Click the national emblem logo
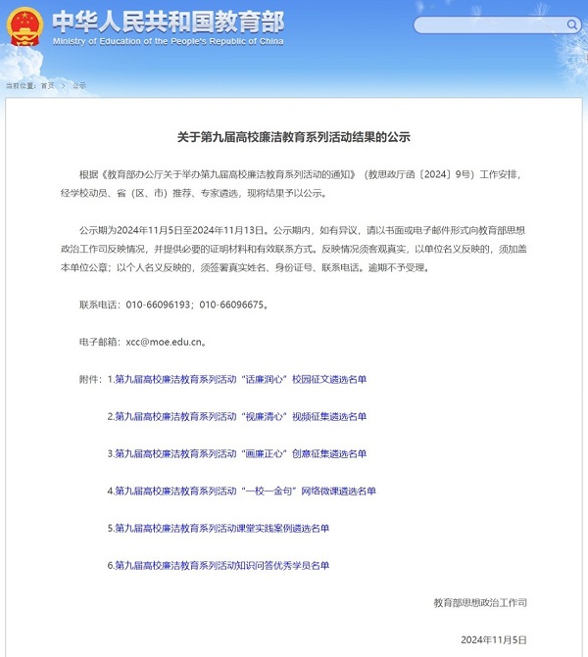(24, 26)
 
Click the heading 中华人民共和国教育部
(167, 21)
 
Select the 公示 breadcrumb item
(79, 86)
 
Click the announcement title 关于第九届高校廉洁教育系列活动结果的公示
(294, 138)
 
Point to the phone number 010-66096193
(160, 305)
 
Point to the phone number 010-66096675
(231, 305)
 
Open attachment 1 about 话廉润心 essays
(241, 379)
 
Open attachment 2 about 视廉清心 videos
(241, 416)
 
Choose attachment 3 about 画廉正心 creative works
(241, 453)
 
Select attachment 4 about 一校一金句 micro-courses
(246, 491)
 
